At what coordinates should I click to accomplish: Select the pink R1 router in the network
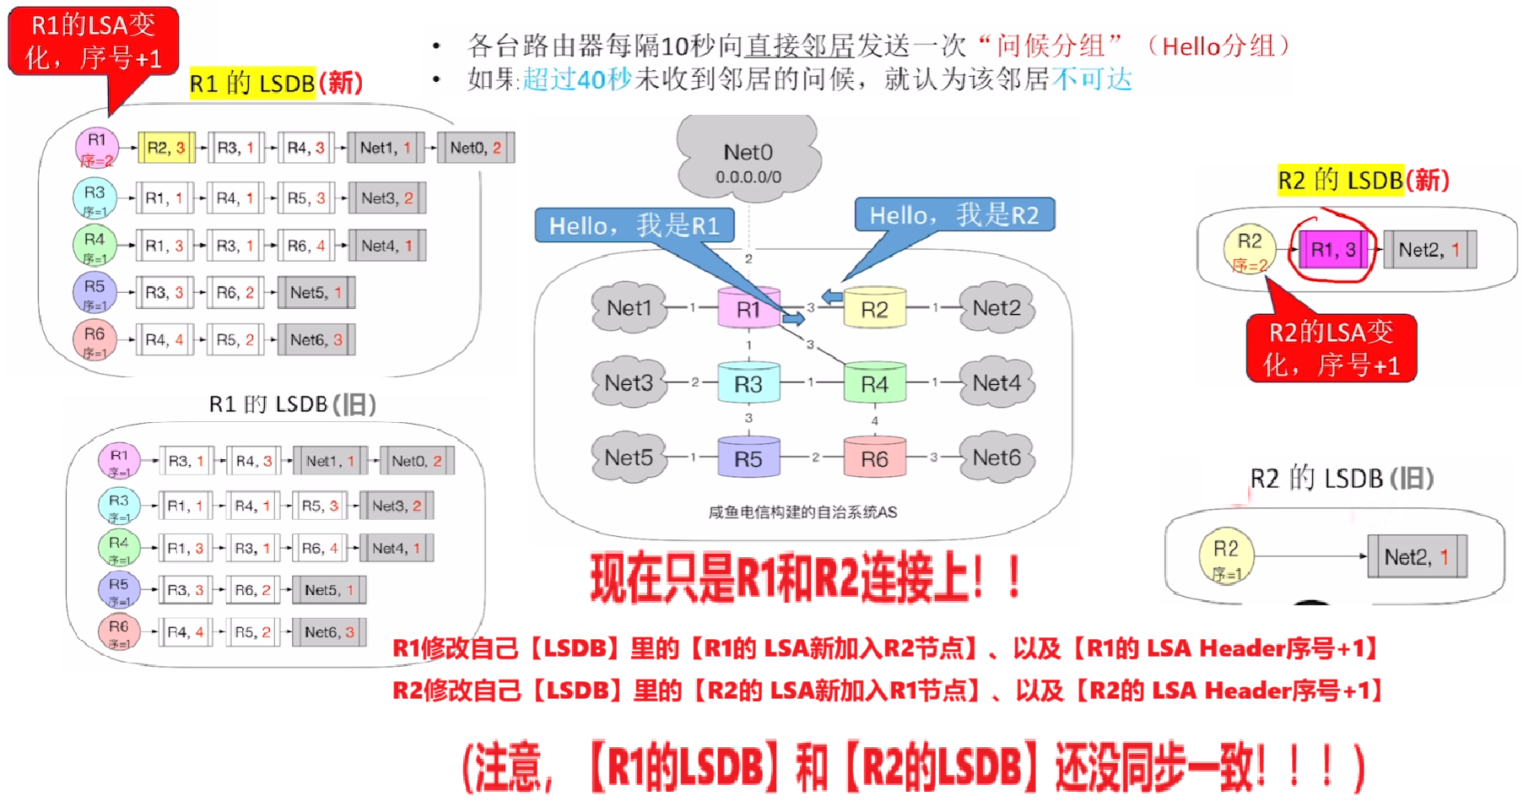coord(748,309)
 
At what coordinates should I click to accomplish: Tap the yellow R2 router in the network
coord(874,309)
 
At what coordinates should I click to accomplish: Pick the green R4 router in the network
coord(874,384)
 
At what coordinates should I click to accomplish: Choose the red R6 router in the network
coord(874,458)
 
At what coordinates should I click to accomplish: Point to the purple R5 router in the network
coord(748,458)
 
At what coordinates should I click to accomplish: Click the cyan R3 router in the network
coord(748,384)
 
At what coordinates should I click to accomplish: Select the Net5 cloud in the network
coord(629,458)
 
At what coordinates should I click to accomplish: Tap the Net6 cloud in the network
coord(997,458)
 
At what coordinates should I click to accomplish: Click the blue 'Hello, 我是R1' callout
coord(634,226)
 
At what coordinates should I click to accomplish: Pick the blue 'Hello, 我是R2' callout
coord(954,215)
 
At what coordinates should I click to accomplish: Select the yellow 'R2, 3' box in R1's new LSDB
coord(166,148)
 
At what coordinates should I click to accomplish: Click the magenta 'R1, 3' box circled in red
coord(1333,250)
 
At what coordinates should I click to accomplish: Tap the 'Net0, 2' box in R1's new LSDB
coord(476,148)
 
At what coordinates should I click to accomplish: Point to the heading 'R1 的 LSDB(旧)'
coord(292,404)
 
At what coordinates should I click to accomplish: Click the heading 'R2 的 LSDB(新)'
coord(1363,180)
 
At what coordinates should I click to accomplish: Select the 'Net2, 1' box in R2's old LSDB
coord(1417,557)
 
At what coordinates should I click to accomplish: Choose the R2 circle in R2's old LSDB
coord(1226,556)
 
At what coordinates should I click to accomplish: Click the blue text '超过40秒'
coord(577,79)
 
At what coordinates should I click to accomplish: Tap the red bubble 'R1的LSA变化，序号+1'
coord(94,41)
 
